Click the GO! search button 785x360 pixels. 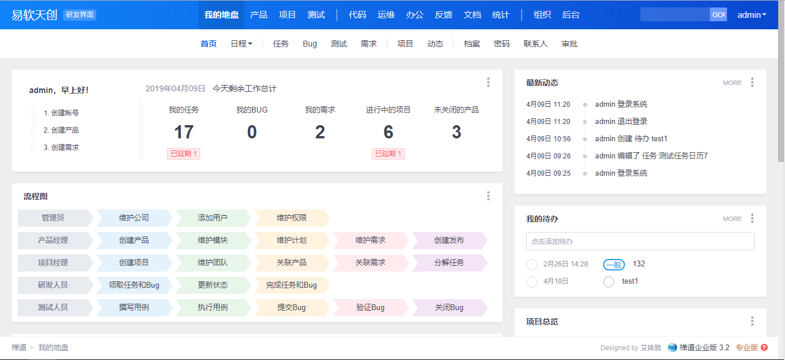[x=718, y=15]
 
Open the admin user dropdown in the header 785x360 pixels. [x=752, y=15]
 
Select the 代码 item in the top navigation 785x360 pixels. [x=357, y=15]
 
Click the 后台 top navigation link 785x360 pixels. [x=570, y=15]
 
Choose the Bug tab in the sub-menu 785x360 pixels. [x=310, y=44]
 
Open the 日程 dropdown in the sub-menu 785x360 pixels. [x=242, y=44]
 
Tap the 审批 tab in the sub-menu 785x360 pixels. [x=569, y=44]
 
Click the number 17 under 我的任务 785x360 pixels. [x=184, y=132]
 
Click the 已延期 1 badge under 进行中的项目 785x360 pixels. [x=388, y=154]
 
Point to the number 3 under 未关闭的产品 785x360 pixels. [x=456, y=132]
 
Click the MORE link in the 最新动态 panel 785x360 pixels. [x=732, y=83]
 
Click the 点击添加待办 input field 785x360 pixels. [x=640, y=241]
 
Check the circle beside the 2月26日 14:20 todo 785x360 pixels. [x=531, y=264]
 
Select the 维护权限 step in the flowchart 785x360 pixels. [x=292, y=218]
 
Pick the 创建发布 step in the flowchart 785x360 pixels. [x=449, y=240]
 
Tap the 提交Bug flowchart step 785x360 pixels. [x=292, y=307]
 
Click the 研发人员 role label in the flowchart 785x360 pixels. [x=53, y=285]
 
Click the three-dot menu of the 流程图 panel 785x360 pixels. [x=488, y=196]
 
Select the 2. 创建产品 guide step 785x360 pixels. [x=61, y=130]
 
